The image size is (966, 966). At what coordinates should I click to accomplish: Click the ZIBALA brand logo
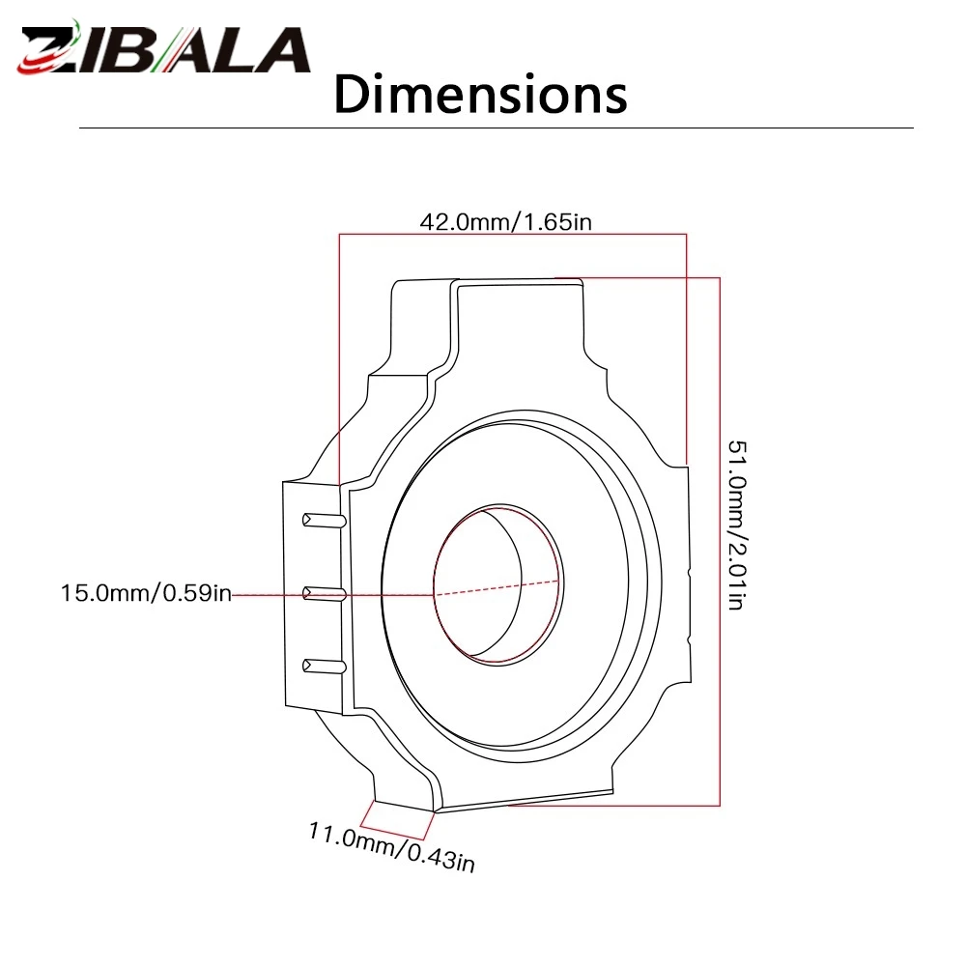[x=163, y=48]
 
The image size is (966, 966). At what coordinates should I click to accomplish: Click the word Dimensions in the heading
[x=480, y=95]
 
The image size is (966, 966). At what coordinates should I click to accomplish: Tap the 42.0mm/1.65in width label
[x=505, y=222]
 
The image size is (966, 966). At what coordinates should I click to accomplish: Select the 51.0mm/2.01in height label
[x=737, y=525]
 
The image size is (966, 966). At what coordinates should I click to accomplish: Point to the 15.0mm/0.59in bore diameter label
[x=146, y=593]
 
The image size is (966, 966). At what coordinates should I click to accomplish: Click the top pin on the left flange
[x=324, y=521]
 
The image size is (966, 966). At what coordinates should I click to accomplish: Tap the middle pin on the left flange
[x=324, y=594]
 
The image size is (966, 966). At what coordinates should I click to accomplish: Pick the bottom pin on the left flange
[x=324, y=666]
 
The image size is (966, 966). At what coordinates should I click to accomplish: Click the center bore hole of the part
[x=497, y=584]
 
